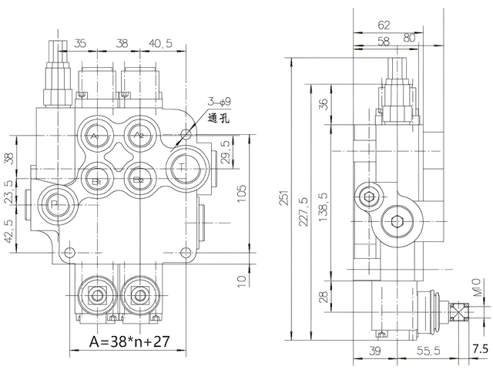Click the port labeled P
55,203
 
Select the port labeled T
182,166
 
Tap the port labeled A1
96,134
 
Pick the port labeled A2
139,134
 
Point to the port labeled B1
96,182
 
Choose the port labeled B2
139,182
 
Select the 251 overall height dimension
285,200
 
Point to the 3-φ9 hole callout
218,102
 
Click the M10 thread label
477,294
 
